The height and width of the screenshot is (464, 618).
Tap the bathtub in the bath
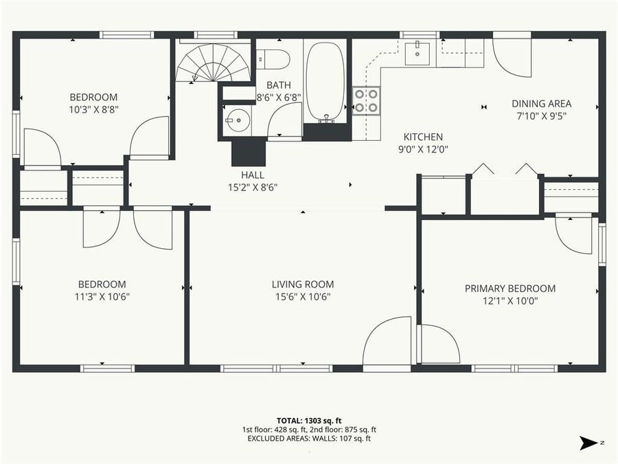[326, 81]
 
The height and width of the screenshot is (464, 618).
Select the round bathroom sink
[236, 120]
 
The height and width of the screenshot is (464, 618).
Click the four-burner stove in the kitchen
[366, 100]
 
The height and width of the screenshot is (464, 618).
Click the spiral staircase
[213, 63]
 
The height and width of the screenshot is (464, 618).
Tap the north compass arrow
[589, 442]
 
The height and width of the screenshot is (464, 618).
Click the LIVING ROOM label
[302, 284]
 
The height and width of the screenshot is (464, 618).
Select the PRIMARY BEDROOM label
[510, 288]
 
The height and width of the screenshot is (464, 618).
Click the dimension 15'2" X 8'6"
[253, 187]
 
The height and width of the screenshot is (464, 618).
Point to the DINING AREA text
[541, 104]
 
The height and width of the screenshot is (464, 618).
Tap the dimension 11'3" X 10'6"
[102, 296]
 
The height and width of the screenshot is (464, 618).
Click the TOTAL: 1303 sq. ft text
[308, 419]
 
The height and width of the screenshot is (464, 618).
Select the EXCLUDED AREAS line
[308, 438]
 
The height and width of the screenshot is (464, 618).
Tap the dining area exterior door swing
[512, 55]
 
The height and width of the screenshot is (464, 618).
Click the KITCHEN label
[422, 137]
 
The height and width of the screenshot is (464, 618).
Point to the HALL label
[253, 175]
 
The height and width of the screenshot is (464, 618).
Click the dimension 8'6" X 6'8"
[278, 97]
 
